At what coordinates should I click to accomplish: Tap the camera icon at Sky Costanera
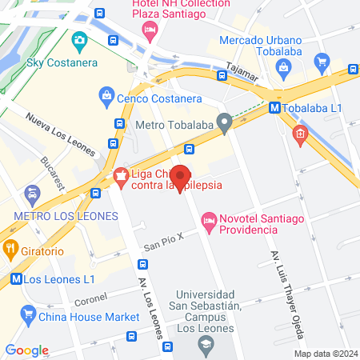pyautogui.click(x=79, y=40)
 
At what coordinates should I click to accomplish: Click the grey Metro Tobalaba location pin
pyautogui.click(x=225, y=123)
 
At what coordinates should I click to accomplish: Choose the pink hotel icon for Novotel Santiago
pyautogui.click(x=209, y=219)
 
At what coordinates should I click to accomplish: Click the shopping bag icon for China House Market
pyautogui.click(x=29, y=316)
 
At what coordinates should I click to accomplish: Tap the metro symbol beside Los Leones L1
pyautogui.click(x=15, y=279)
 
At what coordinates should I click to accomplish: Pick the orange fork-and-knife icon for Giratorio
pyautogui.click(x=10, y=249)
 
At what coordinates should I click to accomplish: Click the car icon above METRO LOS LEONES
pyautogui.click(x=32, y=193)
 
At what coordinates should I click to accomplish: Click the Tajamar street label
pyautogui.click(x=243, y=73)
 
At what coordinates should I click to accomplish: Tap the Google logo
pyautogui.click(x=26, y=350)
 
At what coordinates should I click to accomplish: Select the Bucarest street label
pyautogui.click(x=55, y=171)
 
